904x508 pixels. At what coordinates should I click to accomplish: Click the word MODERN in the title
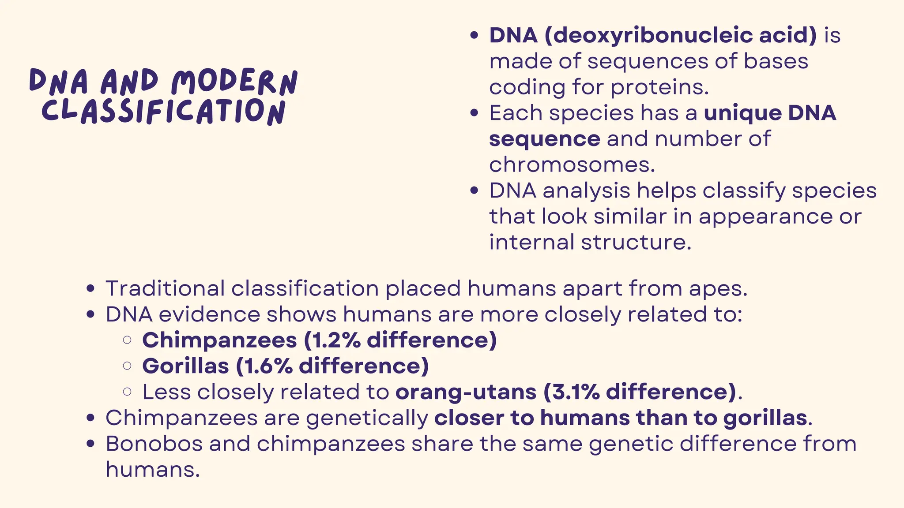pos(234,82)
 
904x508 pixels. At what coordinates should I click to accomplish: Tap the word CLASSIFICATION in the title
pos(164,111)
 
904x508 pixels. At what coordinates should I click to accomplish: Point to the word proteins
pos(659,87)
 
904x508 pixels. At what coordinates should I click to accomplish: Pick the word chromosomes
pos(572,165)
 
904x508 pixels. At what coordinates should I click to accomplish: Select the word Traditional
pos(165,288)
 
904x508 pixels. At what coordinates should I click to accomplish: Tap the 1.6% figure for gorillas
pos(268,366)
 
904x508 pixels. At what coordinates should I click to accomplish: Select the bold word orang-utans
pos(466,392)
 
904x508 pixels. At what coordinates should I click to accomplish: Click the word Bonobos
pos(154,444)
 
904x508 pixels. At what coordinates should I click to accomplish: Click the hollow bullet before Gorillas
pos(128,366)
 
